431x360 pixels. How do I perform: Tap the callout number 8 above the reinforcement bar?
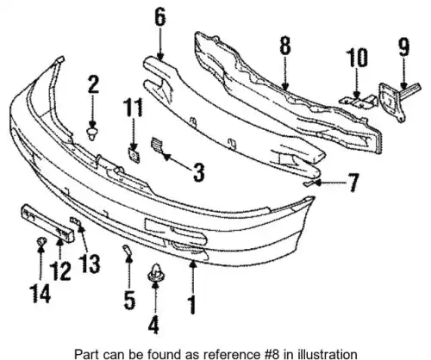284,46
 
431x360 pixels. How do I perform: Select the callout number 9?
403,47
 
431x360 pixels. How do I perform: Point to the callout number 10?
357,58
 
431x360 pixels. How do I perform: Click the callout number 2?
93,84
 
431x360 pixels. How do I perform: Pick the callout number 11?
133,108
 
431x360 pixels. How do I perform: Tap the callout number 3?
198,172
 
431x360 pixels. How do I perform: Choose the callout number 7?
353,183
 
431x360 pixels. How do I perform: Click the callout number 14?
41,293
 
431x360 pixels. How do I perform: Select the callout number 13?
90,264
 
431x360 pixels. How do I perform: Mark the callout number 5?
129,300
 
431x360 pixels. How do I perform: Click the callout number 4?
153,325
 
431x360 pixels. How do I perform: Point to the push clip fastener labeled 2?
92,133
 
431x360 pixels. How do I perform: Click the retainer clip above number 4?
155,274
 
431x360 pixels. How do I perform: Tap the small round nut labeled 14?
41,241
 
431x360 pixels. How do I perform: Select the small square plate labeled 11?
134,155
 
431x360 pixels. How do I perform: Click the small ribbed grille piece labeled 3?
157,145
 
